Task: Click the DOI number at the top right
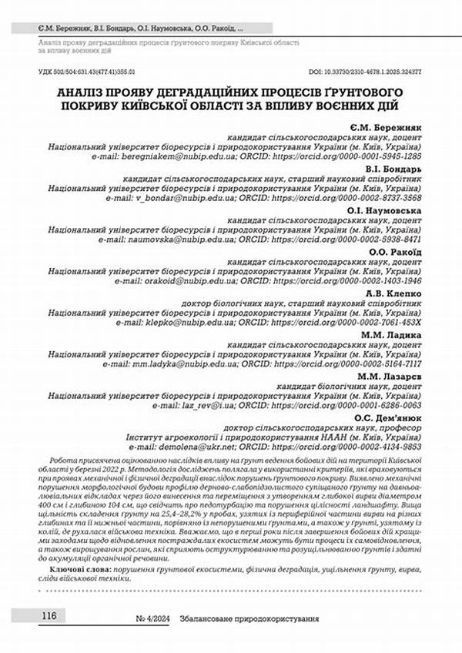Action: click(371, 69)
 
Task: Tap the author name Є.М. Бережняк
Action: click(386, 125)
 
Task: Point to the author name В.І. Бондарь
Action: click(393, 168)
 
